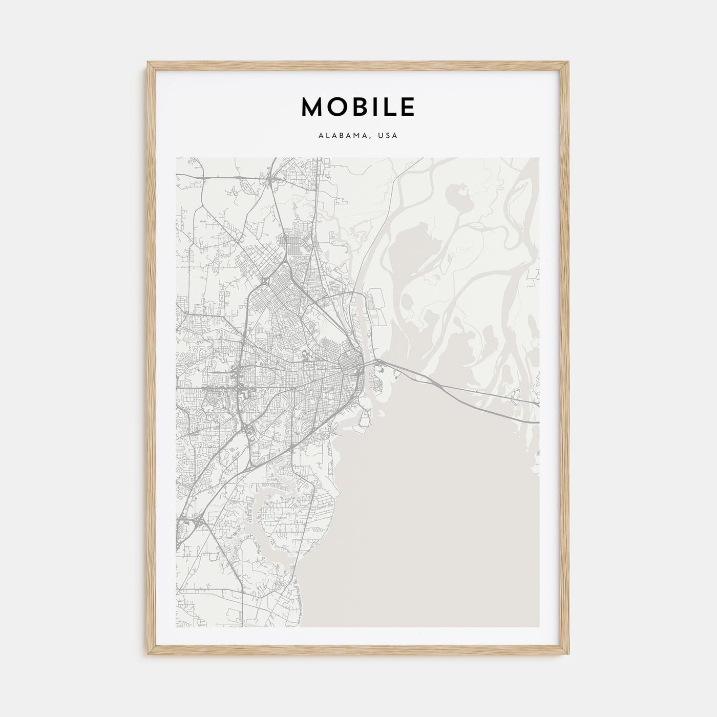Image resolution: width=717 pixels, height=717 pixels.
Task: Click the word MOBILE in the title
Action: (x=358, y=107)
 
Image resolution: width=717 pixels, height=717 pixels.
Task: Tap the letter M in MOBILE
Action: (x=311, y=107)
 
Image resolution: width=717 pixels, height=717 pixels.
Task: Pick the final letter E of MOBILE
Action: (x=407, y=107)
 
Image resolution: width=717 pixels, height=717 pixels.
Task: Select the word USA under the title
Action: (x=388, y=136)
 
